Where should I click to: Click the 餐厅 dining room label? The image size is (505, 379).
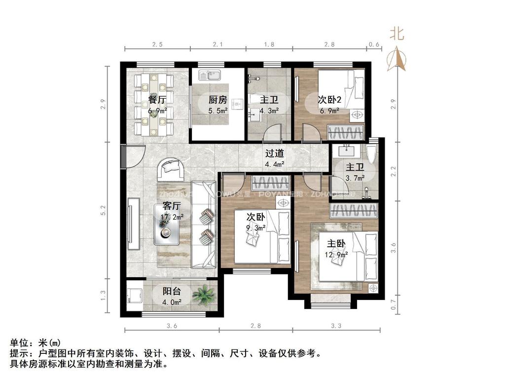[157, 100]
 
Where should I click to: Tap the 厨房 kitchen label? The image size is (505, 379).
[217, 100]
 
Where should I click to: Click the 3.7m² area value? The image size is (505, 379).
[355, 178]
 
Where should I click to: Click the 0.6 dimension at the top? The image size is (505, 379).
[374, 44]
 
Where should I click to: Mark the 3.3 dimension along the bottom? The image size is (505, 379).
[336, 325]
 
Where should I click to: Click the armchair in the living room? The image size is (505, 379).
[171, 170]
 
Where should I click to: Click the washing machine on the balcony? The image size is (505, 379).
[134, 296]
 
